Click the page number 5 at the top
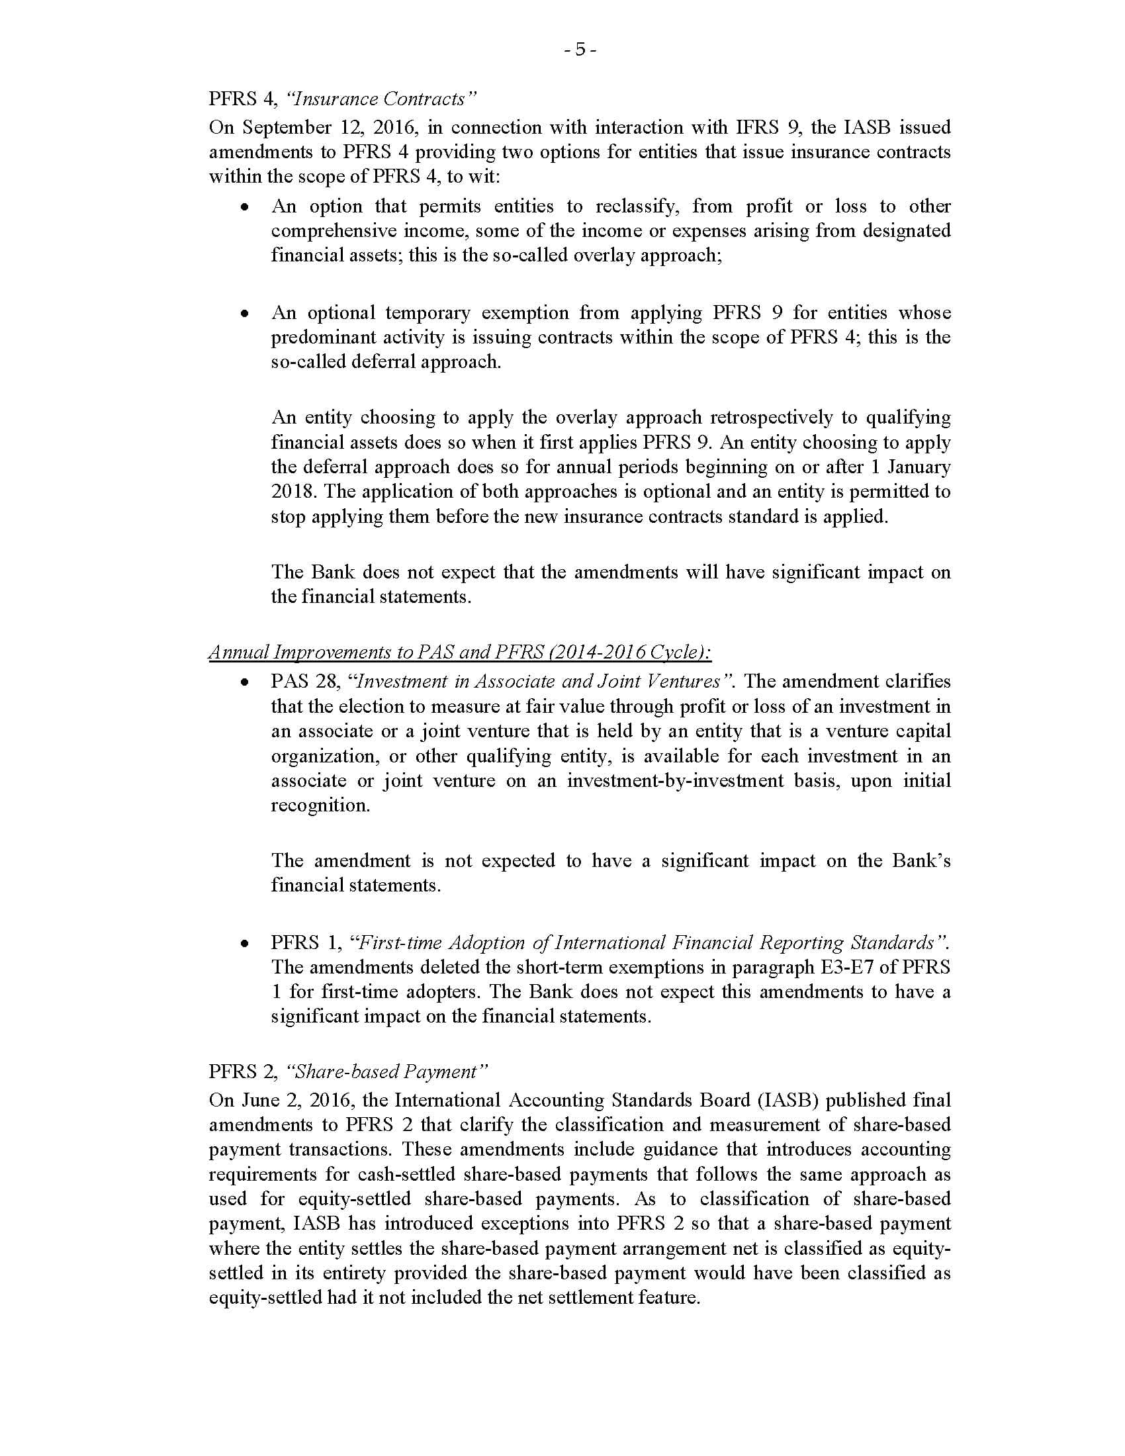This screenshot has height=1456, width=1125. (579, 50)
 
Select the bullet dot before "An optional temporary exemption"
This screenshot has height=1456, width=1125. (246, 312)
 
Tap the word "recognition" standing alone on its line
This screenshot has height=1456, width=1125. (319, 805)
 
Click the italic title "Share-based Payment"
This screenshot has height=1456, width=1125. (386, 1071)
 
